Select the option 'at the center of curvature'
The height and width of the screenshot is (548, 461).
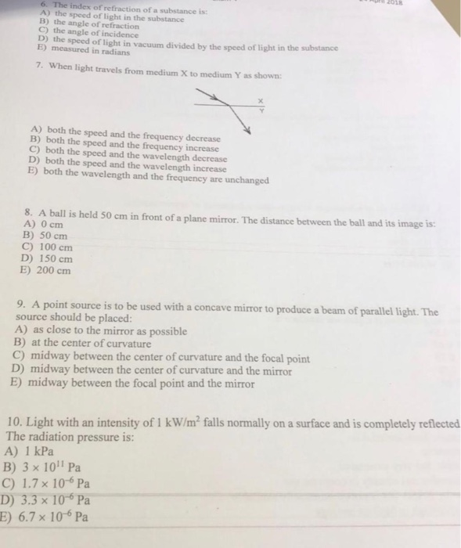pyautogui.click(x=86, y=344)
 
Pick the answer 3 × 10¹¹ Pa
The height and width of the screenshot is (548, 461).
pyautogui.click(x=47, y=467)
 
